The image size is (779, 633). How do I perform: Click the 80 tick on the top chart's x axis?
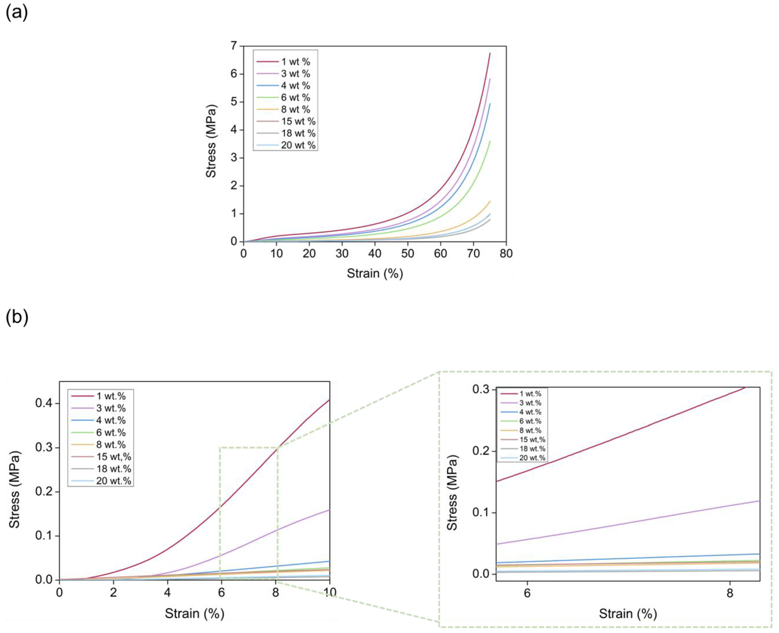(x=506, y=254)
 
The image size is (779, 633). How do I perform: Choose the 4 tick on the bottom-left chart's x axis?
(x=167, y=592)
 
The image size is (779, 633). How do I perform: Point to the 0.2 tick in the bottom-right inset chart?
(x=481, y=451)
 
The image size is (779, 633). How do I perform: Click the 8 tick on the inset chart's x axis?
(x=729, y=593)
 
